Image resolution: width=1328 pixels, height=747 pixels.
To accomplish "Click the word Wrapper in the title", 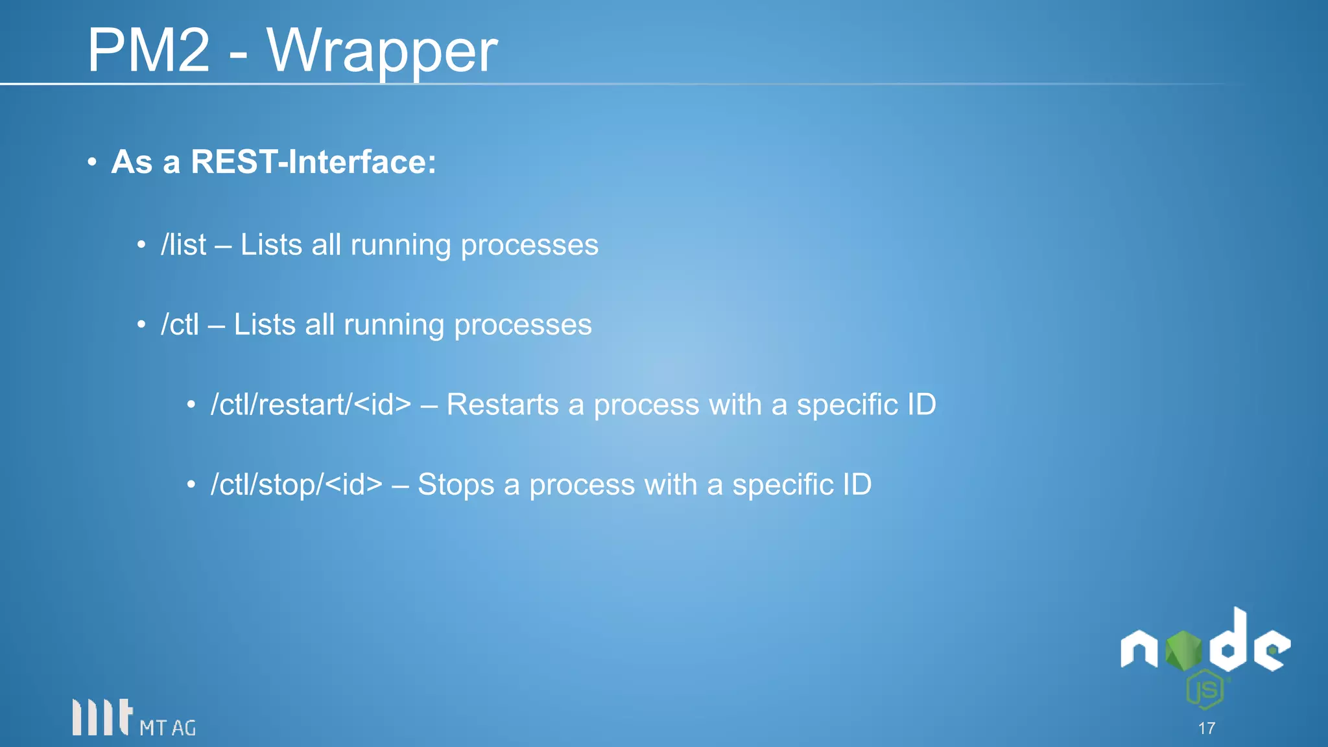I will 383,52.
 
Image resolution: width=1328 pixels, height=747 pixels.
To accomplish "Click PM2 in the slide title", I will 149,51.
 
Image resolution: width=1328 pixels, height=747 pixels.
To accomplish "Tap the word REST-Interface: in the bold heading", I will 313,161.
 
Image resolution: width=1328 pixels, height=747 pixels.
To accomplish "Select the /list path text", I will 184,245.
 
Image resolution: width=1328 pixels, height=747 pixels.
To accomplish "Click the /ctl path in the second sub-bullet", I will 180,325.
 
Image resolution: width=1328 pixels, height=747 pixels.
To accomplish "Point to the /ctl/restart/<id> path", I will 311,405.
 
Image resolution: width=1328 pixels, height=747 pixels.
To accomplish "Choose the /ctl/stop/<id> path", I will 296,485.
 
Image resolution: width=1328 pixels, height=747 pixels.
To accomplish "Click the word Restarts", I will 502,405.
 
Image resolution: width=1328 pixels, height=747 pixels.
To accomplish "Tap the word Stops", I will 455,485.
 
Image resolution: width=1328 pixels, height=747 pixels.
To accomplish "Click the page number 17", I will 1206,728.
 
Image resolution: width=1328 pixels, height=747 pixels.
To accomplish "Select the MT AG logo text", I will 167,728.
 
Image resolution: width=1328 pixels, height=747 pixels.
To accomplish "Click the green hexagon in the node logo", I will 1183,650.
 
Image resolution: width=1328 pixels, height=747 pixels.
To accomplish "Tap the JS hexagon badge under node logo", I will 1205,690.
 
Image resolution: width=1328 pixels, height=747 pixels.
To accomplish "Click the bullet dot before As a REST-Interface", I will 92,161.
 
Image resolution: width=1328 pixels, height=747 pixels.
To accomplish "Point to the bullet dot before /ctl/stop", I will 191,485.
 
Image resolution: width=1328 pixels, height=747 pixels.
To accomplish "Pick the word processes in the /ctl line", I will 522,325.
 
